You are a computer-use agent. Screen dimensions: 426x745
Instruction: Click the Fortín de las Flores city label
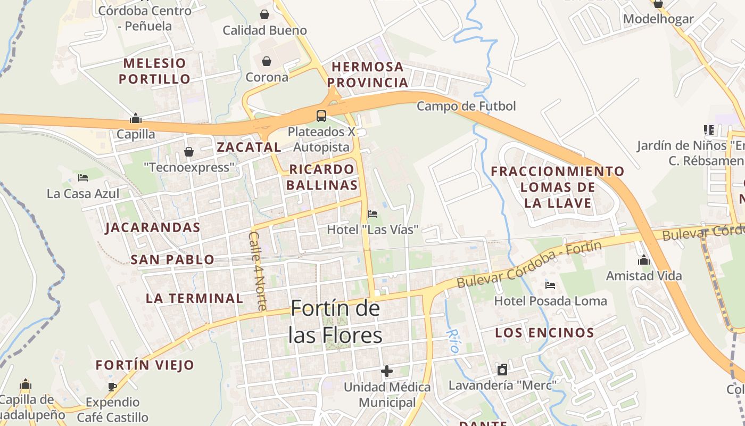point(335,322)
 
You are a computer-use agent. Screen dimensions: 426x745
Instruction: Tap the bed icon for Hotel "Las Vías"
point(372,214)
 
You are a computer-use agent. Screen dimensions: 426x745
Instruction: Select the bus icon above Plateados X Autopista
point(321,116)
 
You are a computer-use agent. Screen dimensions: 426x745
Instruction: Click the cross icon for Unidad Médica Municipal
point(387,371)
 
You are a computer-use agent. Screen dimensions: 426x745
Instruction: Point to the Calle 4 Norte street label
point(258,271)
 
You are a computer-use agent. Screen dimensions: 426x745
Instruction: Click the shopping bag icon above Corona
point(267,61)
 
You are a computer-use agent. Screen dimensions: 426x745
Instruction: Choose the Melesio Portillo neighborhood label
point(154,71)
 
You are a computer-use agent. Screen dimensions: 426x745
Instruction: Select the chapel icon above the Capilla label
point(136,118)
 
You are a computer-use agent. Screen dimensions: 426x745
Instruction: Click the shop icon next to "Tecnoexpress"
point(189,152)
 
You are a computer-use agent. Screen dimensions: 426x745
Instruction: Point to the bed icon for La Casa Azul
point(83,177)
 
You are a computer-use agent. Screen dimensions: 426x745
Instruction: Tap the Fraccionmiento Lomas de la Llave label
point(558,187)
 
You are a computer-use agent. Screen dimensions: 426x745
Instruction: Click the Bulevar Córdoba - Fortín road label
point(529,265)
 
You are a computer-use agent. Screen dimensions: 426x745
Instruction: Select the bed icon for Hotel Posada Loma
point(550,285)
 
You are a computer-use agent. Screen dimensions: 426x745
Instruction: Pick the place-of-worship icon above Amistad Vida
point(644,260)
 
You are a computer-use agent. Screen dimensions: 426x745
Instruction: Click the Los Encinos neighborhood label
point(544,333)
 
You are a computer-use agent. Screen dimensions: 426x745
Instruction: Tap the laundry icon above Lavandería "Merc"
point(502,369)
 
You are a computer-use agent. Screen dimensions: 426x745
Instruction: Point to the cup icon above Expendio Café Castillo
point(112,386)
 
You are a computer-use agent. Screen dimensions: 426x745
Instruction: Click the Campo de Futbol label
point(466,106)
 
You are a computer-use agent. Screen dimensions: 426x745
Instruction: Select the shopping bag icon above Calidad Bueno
point(264,14)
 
